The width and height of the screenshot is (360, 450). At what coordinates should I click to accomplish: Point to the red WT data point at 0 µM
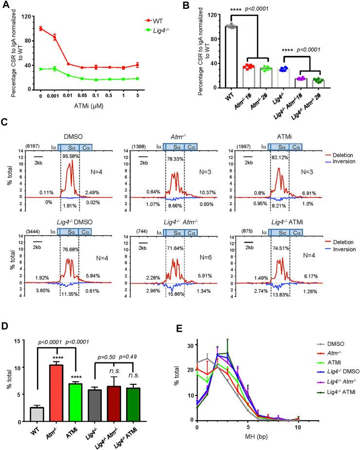[x=40, y=28]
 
